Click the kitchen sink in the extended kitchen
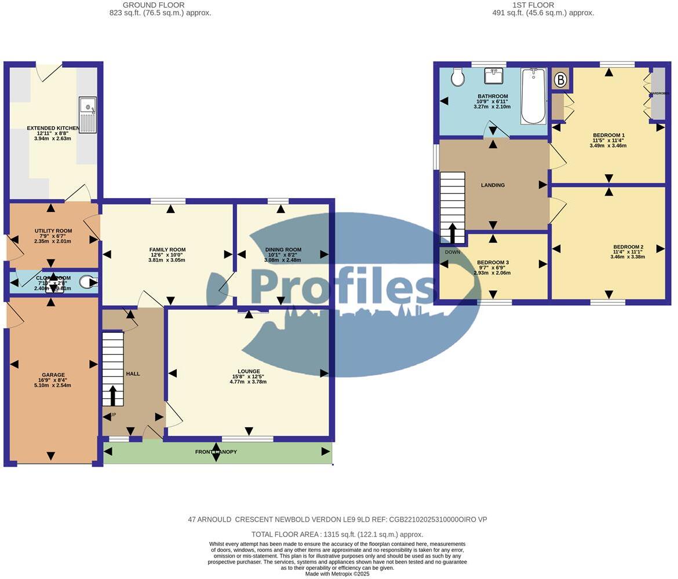click(x=88, y=115)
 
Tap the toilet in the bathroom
click(x=458, y=77)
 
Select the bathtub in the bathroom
click(x=533, y=96)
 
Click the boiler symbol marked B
click(x=560, y=80)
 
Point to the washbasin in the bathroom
click(x=494, y=75)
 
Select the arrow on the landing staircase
click(x=452, y=233)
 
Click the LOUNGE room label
click(x=249, y=371)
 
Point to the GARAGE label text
click(x=53, y=375)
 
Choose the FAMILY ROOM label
click(x=167, y=250)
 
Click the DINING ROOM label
click(x=284, y=250)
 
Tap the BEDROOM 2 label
click(x=628, y=247)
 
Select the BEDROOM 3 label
click(x=493, y=262)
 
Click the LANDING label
click(x=493, y=185)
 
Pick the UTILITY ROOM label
click(x=53, y=231)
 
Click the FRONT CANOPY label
click(x=216, y=452)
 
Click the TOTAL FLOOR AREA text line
click(x=337, y=534)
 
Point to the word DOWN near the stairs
click(x=453, y=252)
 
